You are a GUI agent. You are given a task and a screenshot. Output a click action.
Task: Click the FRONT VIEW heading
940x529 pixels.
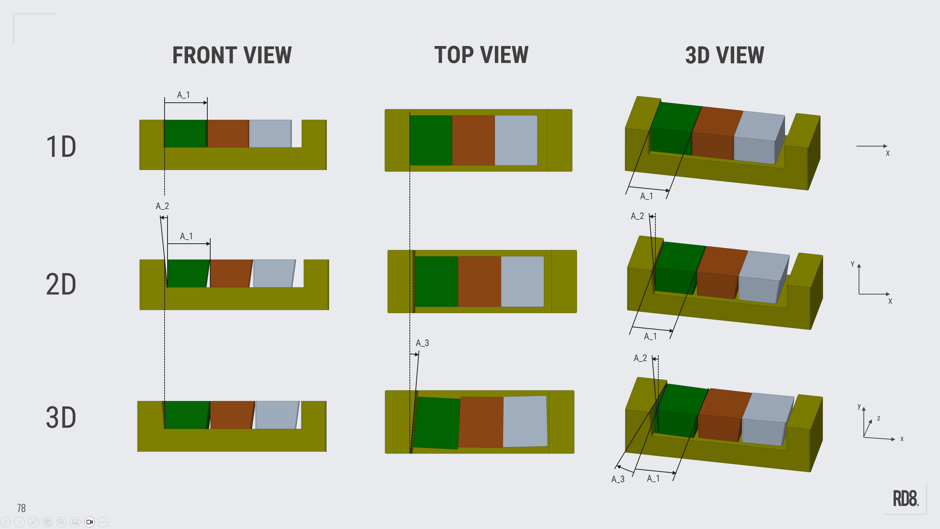click(232, 55)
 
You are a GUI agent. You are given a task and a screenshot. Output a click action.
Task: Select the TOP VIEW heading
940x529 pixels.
click(481, 55)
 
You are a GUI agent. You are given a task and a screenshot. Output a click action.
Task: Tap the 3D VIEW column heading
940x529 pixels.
click(725, 55)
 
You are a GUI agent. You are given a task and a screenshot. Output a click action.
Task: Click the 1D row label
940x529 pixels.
click(61, 147)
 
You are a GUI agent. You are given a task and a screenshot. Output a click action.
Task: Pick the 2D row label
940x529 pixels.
click(61, 284)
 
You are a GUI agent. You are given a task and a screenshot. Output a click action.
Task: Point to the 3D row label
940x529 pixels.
click(61, 417)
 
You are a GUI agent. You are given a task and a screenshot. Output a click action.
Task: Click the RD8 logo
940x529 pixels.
click(905, 499)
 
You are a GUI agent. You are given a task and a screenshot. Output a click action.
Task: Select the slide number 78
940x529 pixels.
click(21, 508)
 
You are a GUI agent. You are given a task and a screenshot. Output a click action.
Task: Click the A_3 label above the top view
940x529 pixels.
click(422, 343)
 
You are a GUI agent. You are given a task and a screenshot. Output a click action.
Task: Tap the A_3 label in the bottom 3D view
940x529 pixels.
click(618, 479)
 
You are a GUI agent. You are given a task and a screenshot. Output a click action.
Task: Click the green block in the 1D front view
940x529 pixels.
click(185, 133)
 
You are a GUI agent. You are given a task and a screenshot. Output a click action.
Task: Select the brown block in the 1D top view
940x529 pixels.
click(473, 140)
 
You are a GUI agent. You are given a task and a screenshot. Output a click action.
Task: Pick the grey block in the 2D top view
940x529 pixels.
click(522, 282)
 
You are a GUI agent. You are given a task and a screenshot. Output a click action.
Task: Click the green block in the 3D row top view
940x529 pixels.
click(437, 423)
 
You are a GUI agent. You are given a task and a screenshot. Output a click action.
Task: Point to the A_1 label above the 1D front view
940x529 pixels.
click(183, 95)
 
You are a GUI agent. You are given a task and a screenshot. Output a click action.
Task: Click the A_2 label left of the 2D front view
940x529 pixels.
click(162, 206)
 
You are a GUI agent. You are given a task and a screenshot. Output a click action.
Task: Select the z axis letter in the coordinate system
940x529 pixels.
click(879, 418)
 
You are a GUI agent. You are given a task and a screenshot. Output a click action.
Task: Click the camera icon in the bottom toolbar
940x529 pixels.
click(89, 522)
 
